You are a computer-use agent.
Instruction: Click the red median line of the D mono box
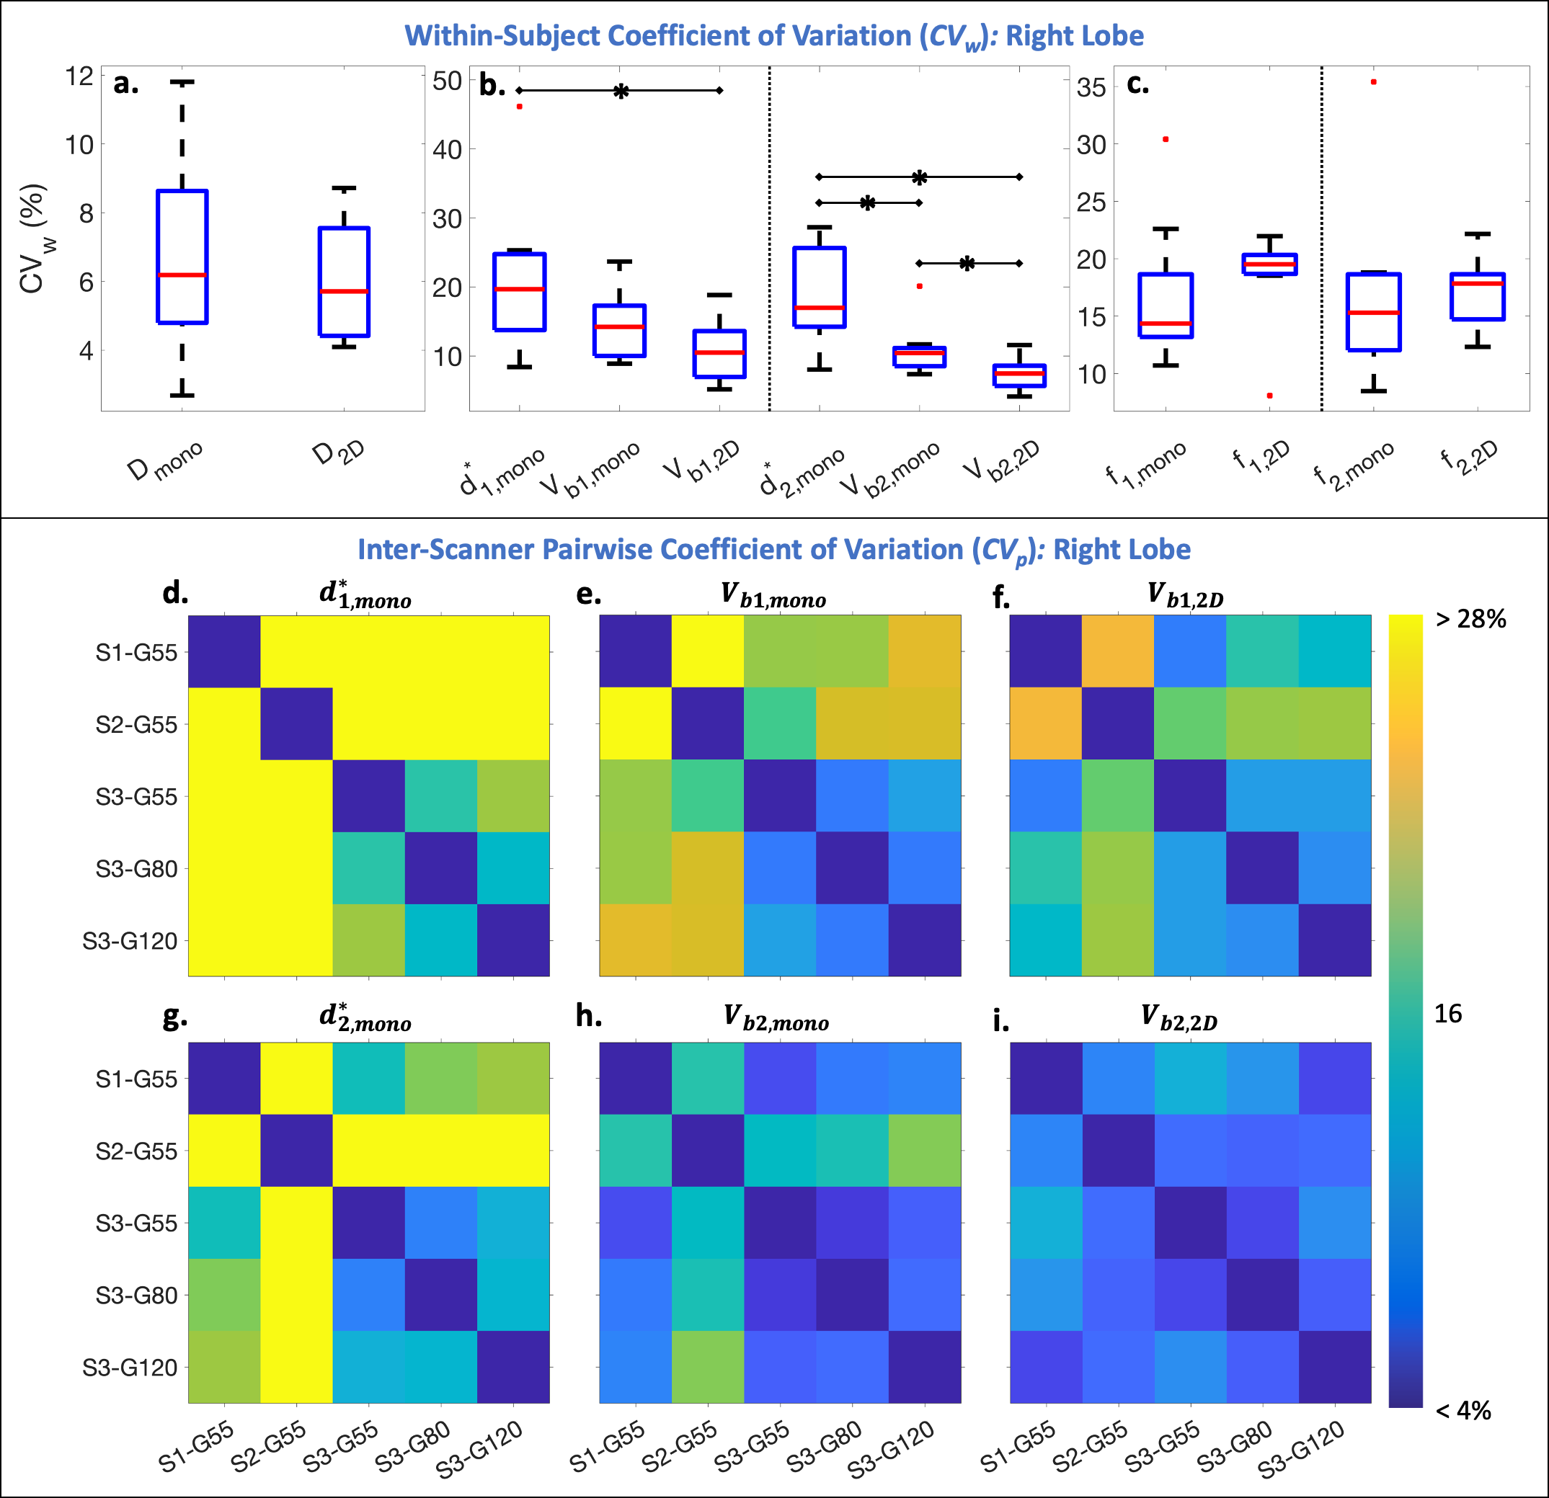182,275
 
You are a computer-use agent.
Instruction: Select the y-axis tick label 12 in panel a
79,76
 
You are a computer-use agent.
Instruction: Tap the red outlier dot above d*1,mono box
519,107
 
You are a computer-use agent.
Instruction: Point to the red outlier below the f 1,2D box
1269,396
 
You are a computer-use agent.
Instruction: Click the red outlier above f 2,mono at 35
1374,82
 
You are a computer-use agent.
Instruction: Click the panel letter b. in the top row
492,85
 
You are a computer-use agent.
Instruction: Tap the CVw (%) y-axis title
33,238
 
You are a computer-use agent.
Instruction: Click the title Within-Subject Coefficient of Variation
773,36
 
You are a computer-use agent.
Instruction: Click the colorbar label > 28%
1470,619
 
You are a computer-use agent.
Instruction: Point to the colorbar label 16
1448,1014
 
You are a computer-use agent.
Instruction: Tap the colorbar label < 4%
1463,1410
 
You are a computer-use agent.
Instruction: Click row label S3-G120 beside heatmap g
130,1368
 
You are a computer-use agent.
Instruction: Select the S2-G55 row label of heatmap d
136,725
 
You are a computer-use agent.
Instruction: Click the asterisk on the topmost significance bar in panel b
621,92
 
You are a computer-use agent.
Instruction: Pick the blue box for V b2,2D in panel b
1019,375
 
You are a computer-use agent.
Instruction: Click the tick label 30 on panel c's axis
1091,145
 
